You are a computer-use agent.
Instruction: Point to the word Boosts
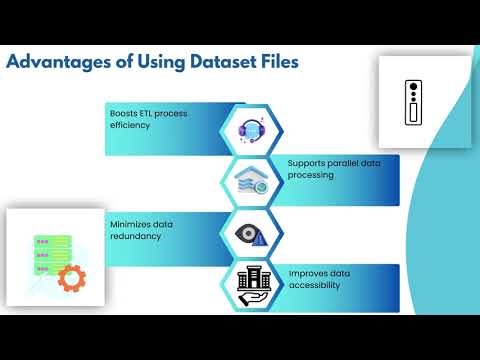(123, 113)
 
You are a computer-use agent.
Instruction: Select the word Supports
(309, 162)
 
